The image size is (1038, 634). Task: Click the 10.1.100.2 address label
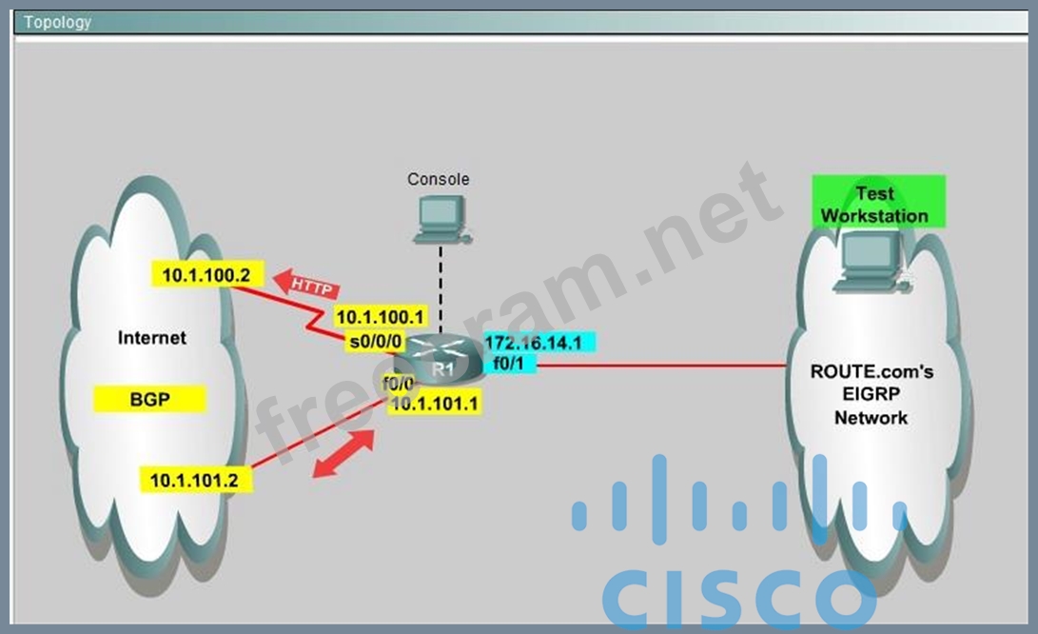pos(206,276)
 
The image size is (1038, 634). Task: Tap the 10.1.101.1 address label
pos(435,404)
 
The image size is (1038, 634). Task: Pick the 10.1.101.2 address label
pos(195,479)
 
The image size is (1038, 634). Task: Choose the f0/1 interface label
pos(509,362)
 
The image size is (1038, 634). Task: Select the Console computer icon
pos(439,219)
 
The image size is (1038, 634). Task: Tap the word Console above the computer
pos(438,179)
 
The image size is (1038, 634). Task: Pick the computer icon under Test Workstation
pos(867,260)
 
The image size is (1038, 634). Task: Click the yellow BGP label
pos(150,400)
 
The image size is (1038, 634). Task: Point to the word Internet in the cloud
pos(152,337)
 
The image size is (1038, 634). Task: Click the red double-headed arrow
pos(343,455)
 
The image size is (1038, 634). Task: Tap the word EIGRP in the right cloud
pos(871,395)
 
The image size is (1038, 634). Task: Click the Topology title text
pos(57,22)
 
